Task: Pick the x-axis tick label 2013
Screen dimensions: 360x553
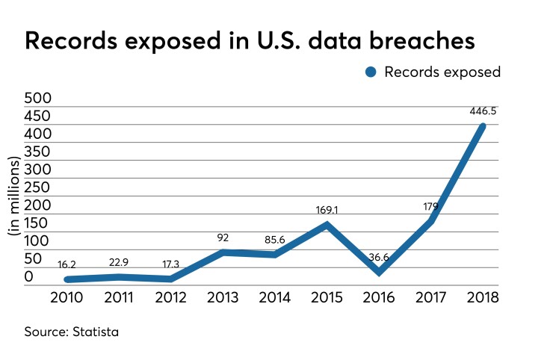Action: tap(222, 297)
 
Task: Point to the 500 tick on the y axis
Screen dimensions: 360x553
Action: tap(40, 99)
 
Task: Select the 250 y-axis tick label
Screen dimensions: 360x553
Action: tap(40, 187)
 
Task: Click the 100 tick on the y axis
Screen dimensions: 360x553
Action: tap(40, 241)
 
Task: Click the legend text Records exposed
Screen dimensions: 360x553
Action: tap(442, 72)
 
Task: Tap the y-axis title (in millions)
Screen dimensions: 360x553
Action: tap(14, 197)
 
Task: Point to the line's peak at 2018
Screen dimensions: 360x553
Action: tap(482, 126)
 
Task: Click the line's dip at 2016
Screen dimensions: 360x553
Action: tap(380, 272)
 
